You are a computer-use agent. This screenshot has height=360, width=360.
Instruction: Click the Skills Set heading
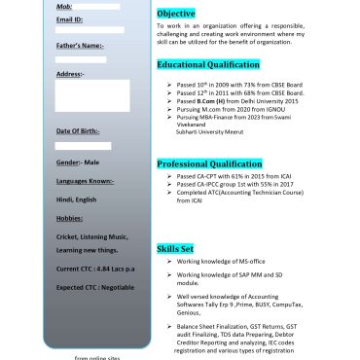click(x=176, y=250)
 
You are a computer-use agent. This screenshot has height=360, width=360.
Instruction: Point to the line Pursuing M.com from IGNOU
click(x=231, y=108)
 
